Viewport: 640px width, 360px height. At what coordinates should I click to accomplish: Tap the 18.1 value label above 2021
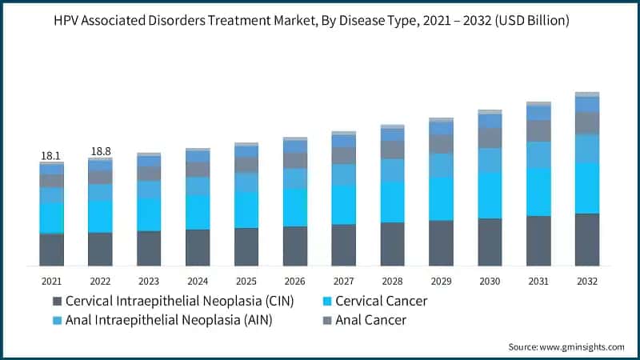(51, 155)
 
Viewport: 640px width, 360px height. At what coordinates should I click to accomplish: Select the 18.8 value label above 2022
(100, 151)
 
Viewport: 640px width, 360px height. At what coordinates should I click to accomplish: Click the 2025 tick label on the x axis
(246, 282)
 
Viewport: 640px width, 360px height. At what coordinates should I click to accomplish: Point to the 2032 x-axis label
(587, 282)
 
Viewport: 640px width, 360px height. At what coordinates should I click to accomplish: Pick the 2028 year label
(392, 282)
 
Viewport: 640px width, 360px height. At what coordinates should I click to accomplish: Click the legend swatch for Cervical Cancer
(326, 302)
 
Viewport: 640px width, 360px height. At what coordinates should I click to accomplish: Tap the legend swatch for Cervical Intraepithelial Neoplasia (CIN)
(57, 302)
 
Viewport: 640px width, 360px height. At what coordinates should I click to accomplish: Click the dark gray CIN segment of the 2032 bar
(587, 239)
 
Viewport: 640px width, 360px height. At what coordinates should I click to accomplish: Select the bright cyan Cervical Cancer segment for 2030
(490, 194)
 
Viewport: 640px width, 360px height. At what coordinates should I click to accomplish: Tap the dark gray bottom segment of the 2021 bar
(51, 249)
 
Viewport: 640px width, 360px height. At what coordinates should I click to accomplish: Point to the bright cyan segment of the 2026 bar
(295, 207)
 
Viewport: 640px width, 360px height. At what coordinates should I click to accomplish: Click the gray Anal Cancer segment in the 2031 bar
(538, 130)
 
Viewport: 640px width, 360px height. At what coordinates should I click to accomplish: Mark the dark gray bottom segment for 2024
(198, 247)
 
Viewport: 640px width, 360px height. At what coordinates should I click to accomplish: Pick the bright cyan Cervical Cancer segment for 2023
(149, 214)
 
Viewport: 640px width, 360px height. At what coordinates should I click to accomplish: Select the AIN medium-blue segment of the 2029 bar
(441, 165)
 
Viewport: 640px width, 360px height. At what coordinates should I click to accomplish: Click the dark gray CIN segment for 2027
(343, 245)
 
